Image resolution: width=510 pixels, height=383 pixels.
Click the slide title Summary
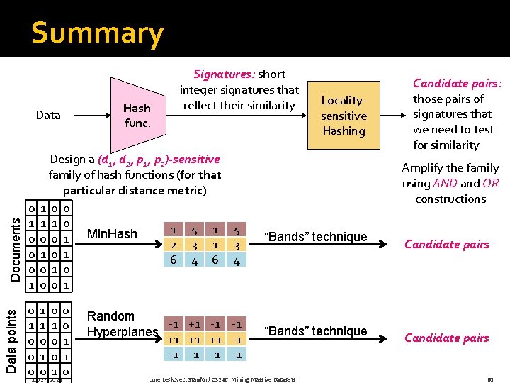point(97,33)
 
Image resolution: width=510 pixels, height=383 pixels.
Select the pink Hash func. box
point(137,115)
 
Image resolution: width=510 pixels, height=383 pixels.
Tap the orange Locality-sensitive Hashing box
point(344,116)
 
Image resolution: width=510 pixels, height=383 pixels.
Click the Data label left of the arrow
point(48,115)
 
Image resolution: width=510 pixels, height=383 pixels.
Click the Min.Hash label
point(111,233)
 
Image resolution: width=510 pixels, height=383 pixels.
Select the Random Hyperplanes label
point(122,324)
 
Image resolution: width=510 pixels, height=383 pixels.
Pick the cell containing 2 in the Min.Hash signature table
point(174,245)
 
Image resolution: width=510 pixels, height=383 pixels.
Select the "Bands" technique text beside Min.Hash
point(315,237)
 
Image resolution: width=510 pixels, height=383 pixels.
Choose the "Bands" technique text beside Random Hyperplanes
point(315,331)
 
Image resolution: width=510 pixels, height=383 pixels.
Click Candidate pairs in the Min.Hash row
point(446,244)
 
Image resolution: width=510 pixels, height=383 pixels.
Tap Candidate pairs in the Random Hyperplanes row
point(446,338)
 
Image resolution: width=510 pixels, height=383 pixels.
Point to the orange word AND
point(445,183)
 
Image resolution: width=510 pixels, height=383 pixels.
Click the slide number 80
point(489,379)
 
